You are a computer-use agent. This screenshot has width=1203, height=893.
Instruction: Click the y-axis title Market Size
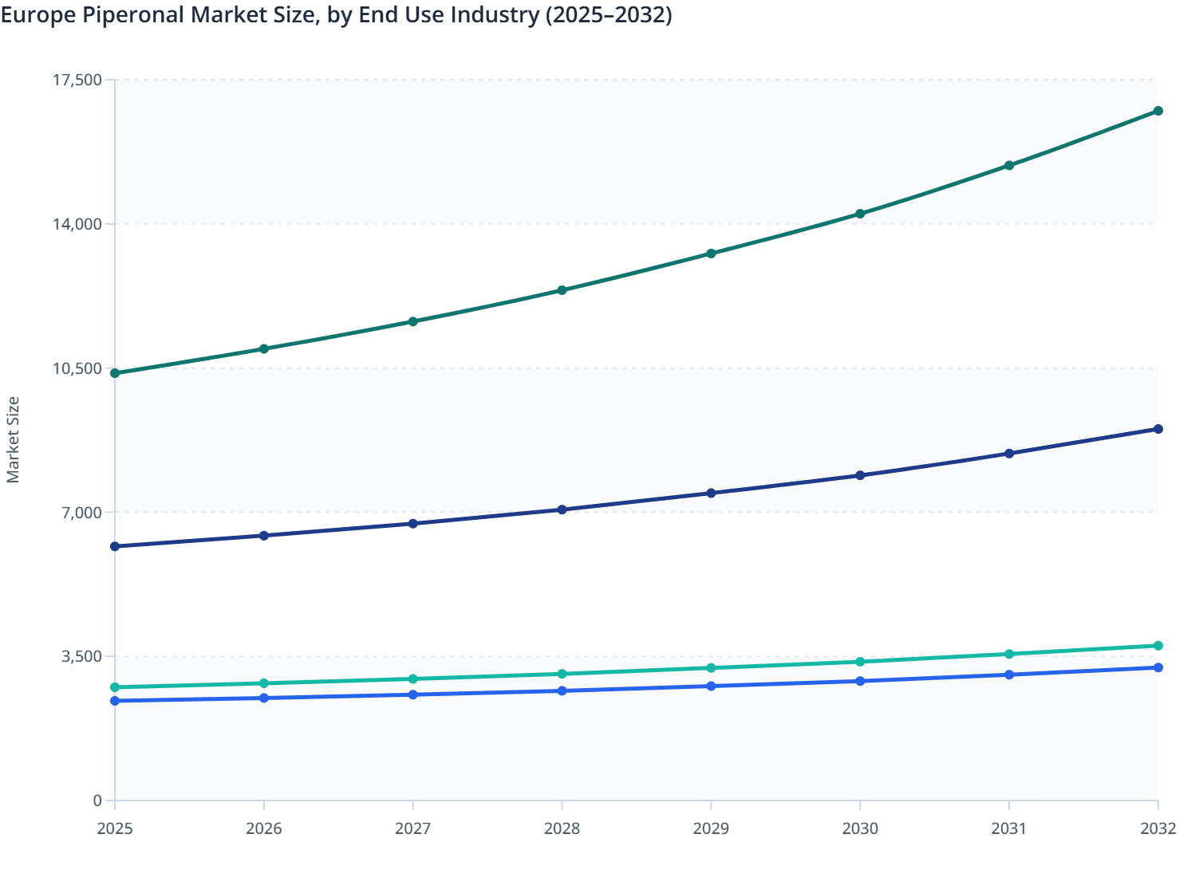pos(13,439)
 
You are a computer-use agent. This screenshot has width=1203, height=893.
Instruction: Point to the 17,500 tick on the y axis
pos(77,80)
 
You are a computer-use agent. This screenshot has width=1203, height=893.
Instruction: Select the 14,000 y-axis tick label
pos(77,224)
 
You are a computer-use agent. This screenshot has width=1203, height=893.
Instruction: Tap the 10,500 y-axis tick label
pos(77,368)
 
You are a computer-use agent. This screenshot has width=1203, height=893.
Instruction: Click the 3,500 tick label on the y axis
pos(81,657)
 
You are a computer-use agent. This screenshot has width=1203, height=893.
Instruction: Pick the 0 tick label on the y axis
pos(97,801)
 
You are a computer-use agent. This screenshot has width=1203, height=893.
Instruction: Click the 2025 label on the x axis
pos(115,829)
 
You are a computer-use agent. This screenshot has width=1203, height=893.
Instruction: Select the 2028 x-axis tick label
pos(562,829)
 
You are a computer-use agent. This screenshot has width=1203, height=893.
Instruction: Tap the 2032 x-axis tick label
pos(1158,829)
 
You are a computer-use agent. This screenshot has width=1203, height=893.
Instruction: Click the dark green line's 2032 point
pos(1158,111)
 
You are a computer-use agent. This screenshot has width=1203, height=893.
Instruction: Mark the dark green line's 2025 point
pos(115,373)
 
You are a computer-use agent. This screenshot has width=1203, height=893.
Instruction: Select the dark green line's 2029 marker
pos(711,254)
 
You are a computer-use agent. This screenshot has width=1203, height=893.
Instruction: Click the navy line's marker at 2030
pos(860,475)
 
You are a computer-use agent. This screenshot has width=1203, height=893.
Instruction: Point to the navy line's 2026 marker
pos(264,536)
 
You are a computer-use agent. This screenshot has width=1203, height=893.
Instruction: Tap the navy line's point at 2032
pos(1158,429)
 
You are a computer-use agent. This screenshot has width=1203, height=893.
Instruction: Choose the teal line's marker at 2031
pos(1009,654)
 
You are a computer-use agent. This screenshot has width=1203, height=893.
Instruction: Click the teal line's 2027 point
pos(413,679)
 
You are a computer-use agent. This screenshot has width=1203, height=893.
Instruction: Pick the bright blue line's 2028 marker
pos(562,690)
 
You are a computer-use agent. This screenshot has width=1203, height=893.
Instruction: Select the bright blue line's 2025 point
pos(115,701)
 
